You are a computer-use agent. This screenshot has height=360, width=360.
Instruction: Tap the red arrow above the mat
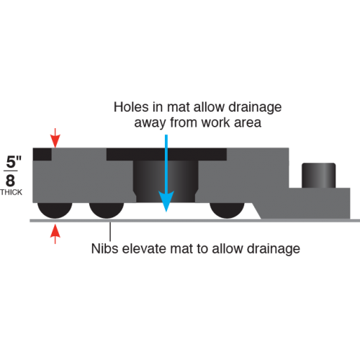(x=55, y=138)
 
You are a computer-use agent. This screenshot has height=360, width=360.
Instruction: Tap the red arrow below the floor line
(x=55, y=234)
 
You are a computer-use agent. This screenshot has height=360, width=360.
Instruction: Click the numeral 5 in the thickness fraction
(x=11, y=162)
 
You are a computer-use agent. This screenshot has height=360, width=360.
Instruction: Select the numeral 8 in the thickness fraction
(x=10, y=181)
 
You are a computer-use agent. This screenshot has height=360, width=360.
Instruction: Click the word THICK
(x=11, y=192)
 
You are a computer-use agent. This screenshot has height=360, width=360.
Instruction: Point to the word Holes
(x=131, y=107)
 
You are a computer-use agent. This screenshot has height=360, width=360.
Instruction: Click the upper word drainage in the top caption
(x=255, y=108)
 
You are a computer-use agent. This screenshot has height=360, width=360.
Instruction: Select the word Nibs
(x=105, y=248)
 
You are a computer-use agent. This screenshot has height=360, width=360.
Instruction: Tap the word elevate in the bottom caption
(x=144, y=248)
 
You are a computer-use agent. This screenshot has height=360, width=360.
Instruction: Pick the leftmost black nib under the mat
(x=55, y=210)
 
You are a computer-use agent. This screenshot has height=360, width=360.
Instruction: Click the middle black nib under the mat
(x=107, y=210)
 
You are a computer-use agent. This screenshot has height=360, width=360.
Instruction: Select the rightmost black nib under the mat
(x=227, y=210)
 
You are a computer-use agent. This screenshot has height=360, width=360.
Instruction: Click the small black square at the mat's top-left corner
(x=42, y=154)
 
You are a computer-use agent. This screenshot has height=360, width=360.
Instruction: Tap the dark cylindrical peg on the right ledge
(x=318, y=176)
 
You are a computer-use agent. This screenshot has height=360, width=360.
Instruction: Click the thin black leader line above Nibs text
(x=110, y=232)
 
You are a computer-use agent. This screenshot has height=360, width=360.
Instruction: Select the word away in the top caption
(x=150, y=124)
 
